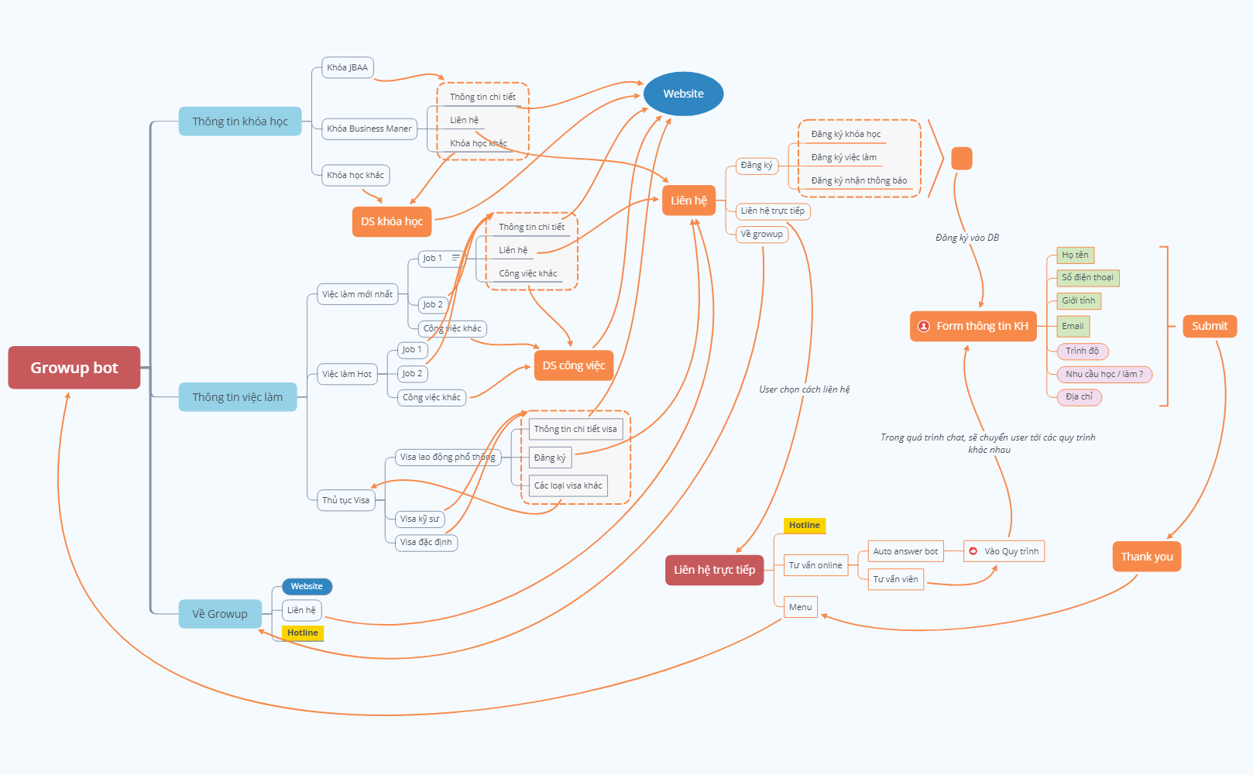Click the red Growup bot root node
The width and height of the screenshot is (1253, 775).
pos(74,368)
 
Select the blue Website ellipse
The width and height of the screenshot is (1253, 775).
pos(683,94)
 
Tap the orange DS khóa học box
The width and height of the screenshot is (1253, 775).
pos(391,221)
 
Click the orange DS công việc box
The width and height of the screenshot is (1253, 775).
pos(573,365)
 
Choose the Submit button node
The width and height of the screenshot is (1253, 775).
pos(1209,326)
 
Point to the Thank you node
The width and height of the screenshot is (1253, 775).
pos(1146,557)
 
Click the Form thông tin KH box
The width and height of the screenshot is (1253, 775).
pos(973,326)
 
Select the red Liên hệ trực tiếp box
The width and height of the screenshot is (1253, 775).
pos(714,570)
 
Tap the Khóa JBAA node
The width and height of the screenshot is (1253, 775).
pos(347,67)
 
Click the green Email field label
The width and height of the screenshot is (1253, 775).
pos(1073,326)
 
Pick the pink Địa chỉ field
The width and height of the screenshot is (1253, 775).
pos(1079,396)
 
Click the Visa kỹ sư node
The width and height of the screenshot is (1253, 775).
pos(420,519)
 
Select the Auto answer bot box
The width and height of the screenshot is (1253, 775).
pos(905,551)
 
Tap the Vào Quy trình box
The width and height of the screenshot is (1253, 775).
pos(1004,551)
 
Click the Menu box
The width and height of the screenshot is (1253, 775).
pos(800,607)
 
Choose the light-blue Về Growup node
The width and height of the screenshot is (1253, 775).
pos(220,614)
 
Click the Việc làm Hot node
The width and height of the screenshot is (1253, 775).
pos(347,374)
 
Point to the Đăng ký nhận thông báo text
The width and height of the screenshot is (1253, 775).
pos(859,180)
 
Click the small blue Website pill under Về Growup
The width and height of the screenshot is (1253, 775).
pos(307,586)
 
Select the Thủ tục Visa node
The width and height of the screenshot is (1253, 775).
pos(345,500)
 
